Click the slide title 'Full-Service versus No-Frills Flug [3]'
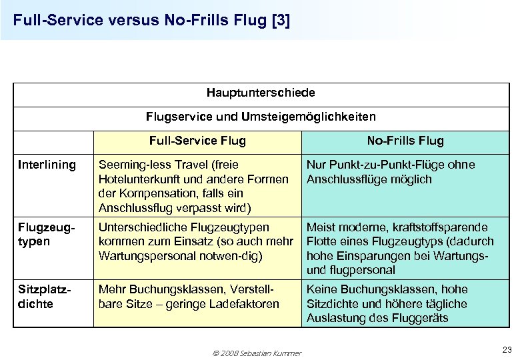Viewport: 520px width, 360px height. (x=151, y=20)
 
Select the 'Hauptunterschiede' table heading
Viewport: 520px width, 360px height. (x=261, y=92)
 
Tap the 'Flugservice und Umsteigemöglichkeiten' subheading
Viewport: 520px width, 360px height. (x=261, y=117)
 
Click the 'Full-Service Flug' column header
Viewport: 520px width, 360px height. (x=197, y=141)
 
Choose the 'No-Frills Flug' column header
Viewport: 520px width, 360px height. (x=405, y=141)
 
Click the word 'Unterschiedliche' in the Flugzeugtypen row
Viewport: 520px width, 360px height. (x=139, y=227)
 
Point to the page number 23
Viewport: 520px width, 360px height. (x=506, y=349)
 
